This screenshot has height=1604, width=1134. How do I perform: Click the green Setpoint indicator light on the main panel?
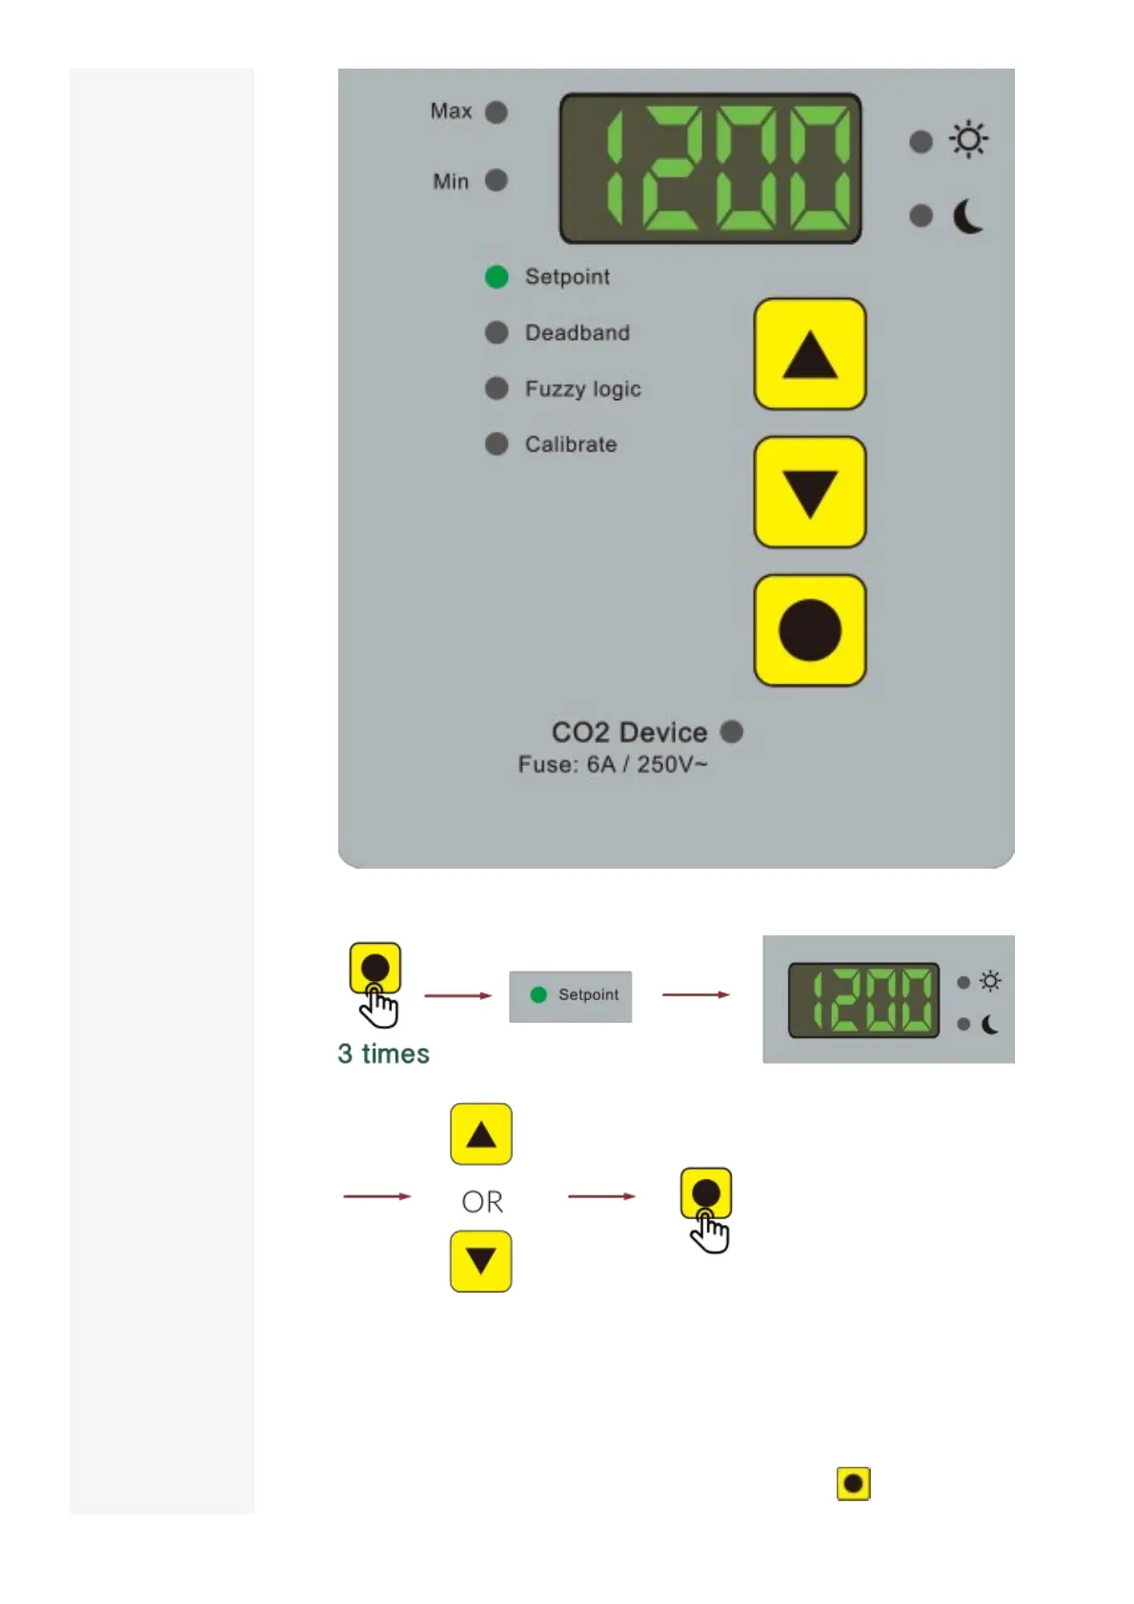pos(496,276)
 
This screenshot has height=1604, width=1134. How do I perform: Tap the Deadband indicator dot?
pos(496,332)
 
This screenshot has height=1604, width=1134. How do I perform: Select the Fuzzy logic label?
pos(582,389)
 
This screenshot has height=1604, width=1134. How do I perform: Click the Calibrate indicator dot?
pos(496,444)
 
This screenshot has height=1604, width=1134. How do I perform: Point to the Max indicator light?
pos(496,112)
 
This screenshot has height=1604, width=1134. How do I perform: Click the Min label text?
pos(451,181)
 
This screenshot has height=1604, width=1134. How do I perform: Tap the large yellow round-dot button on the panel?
pos(810,631)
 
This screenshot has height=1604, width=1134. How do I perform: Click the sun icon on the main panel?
pos(968,140)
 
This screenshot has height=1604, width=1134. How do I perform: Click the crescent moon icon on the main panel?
pos(968,216)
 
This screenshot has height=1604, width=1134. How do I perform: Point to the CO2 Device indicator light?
pos(732,732)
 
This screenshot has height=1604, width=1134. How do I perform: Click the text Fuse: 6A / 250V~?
pos(613,765)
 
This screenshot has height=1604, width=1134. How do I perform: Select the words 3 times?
pos(383,1053)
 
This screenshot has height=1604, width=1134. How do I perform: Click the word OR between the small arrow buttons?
pos(482,1202)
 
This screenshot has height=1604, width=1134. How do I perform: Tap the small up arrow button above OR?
pos(481,1134)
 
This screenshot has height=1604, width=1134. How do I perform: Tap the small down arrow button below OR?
pos(481,1261)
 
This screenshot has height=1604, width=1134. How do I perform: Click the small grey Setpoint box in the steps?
pos(571,996)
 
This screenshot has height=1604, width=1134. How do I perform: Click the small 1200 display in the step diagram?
pos(863,1000)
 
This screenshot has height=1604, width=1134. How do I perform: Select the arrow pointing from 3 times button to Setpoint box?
pos(458,995)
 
